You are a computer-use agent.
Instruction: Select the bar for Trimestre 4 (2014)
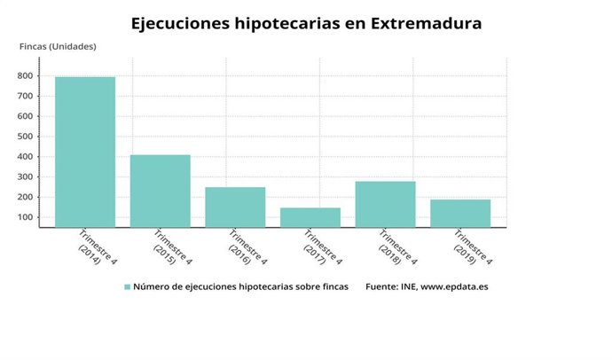coord(85,152)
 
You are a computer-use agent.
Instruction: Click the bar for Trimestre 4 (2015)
coord(161,191)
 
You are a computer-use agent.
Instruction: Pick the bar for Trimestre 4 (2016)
coord(235,207)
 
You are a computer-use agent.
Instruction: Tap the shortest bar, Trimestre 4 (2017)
coord(310,217)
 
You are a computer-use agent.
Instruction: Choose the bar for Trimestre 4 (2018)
coord(385,204)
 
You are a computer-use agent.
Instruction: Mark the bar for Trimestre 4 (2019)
coord(460,213)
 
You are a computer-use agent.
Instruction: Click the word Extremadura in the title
coord(424,23)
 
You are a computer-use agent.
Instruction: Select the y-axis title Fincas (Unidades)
coord(59,46)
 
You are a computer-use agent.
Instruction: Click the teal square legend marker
coord(127,287)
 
